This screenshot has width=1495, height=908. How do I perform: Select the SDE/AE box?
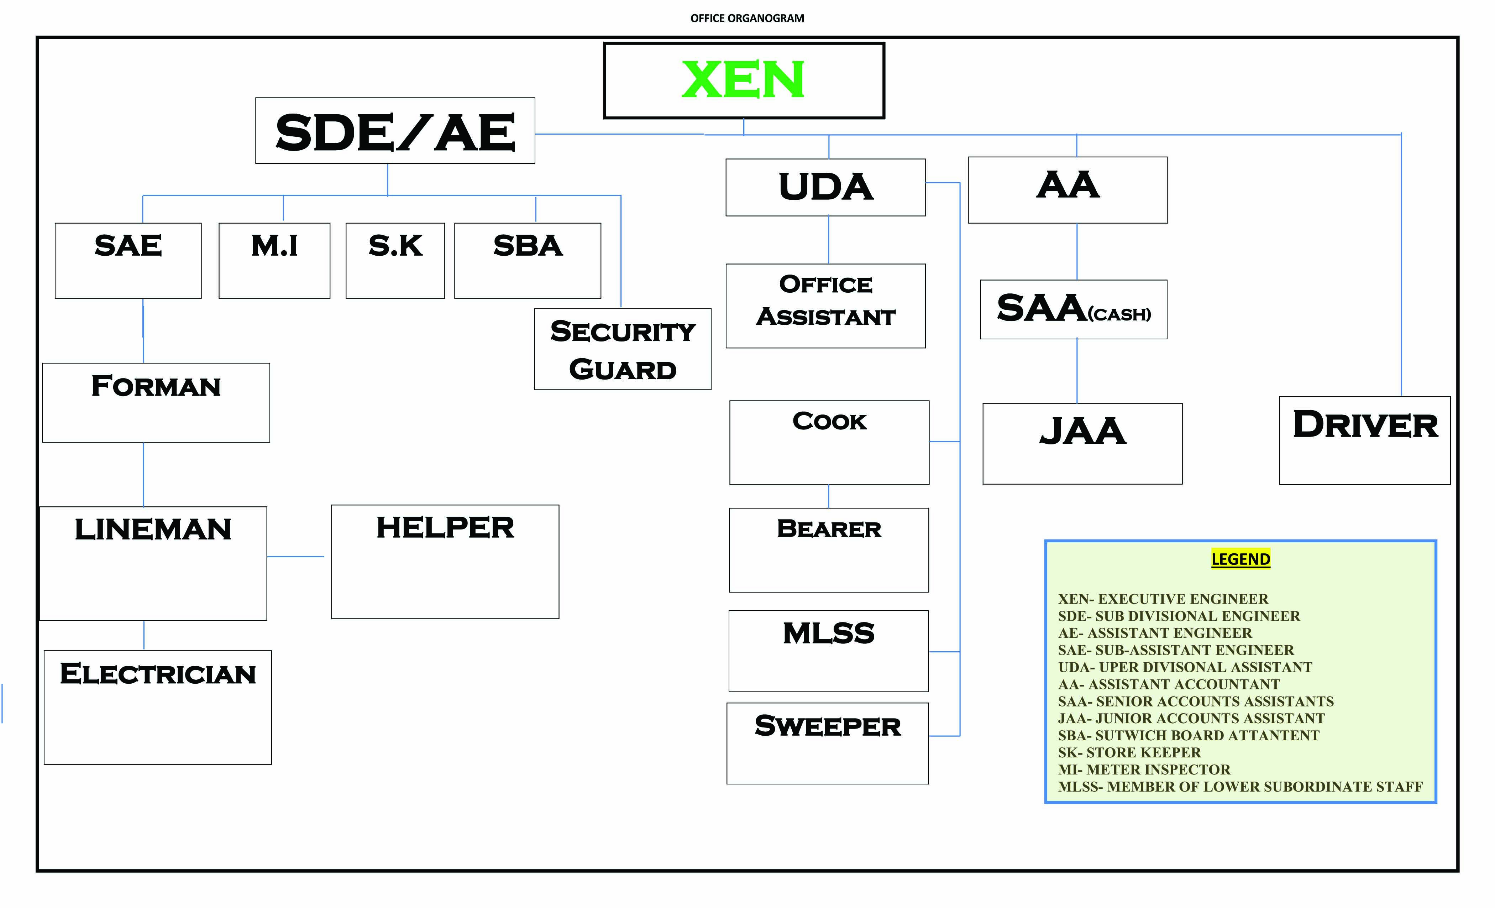coord(395,130)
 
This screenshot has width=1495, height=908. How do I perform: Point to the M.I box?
coord(274,260)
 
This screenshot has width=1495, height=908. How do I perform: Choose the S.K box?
coord(395,260)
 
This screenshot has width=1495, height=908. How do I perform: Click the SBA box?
coord(527,260)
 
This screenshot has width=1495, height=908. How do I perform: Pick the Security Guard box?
coord(623,349)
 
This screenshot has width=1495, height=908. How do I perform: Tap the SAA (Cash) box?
coord(1073,309)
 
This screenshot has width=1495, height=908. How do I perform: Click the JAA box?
coord(1082,444)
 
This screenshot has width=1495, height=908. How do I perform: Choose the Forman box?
coord(156,402)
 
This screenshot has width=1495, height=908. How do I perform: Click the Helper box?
coord(445,562)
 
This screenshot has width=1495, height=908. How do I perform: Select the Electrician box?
coord(158,707)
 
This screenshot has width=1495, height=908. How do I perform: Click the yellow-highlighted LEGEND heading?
coord(1240,559)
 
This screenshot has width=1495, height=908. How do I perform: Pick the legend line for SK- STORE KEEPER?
coord(1129,753)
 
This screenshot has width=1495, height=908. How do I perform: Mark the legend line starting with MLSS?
coord(1240,787)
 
